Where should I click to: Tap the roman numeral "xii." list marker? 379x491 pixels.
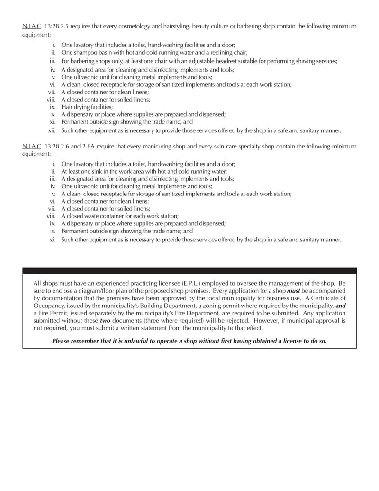pyautogui.click(x=52, y=130)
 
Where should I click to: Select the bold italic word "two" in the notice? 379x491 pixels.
pyautogui.click(x=105, y=320)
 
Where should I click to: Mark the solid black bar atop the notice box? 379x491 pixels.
pyautogui.click(x=189, y=270)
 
